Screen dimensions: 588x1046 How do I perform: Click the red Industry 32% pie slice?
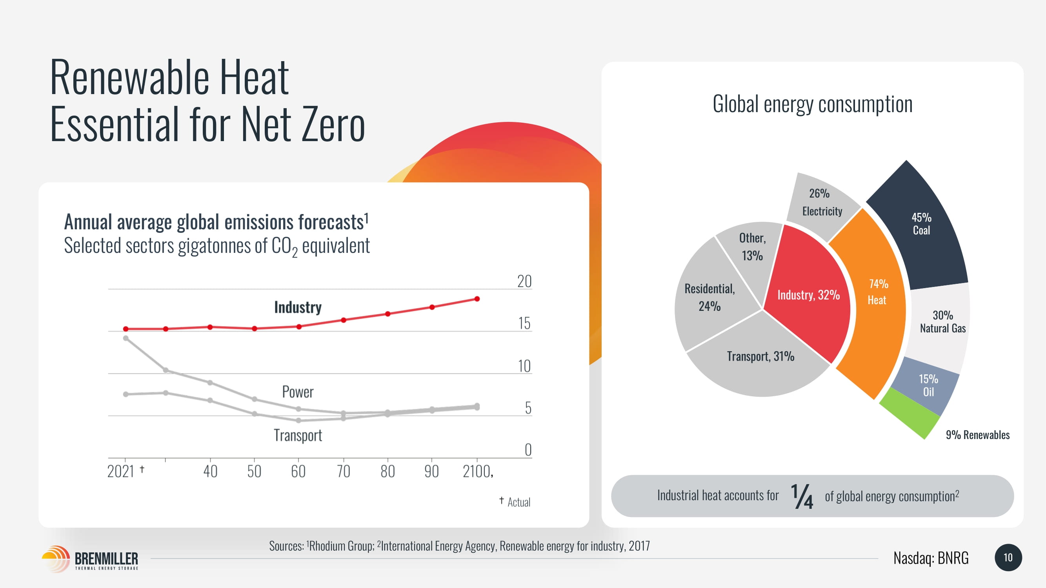[x=808, y=295]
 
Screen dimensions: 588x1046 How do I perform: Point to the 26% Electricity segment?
[x=822, y=203]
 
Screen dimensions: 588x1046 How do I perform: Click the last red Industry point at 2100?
[x=477, y=299]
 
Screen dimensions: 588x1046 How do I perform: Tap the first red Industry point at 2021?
[x=126, y=329]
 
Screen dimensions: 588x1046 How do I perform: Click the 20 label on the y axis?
[x=524, y=281]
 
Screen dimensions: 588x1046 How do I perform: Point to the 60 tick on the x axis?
[x=298, y=471]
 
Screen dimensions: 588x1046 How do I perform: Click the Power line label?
[x=298, y=392]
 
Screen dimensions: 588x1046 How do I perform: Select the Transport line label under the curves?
[x=298, y=436]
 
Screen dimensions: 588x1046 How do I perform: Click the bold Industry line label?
[x=298, y=307]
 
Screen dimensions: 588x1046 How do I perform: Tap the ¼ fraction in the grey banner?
[x=802, y=496]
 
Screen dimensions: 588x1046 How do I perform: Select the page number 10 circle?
[x=1008, y=557]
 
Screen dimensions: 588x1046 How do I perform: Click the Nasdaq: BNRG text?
[x=931, y=558]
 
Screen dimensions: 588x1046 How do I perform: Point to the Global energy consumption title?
[x=813, y=104]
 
